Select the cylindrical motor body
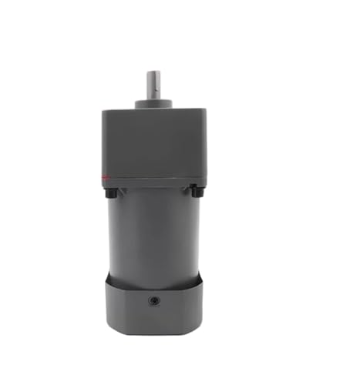click(153, 231)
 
